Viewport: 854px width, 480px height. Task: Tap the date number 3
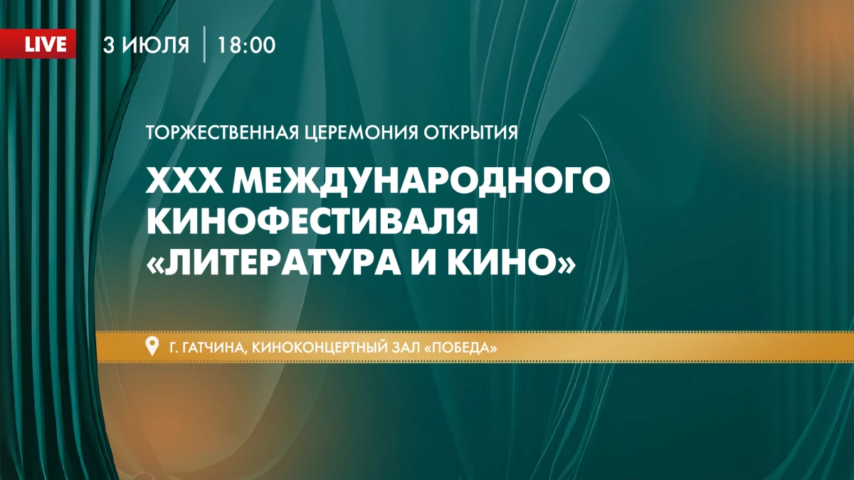[108, 45]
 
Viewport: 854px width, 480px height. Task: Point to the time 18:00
[247, 45]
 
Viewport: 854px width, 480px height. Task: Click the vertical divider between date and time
[205, 45]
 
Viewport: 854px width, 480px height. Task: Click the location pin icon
[151, 347]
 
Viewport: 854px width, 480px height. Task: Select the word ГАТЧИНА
[207, 348]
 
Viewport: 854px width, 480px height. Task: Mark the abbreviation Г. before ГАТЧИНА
[172, 348]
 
